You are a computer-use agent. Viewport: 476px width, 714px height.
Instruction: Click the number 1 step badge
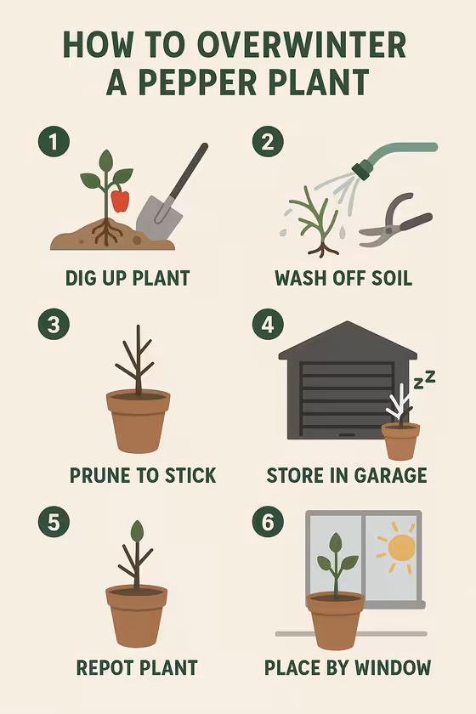tap(53, 142)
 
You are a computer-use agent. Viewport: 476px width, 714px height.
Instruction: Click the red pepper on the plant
tap(121, 201)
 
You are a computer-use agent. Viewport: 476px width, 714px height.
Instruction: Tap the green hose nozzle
tap(363, 169)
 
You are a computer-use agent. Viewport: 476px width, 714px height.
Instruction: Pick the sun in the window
tap(399, 546)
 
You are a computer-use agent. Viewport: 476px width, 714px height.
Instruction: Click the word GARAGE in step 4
tap(387, 475)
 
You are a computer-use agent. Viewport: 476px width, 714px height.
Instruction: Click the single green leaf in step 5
tap(137, 531)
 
